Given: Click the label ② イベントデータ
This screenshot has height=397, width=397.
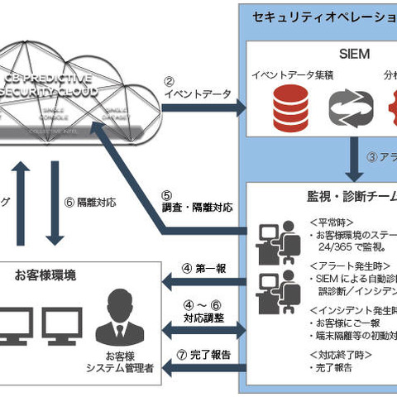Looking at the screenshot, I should coord(189,88).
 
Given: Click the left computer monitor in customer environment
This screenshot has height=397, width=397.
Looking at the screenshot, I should coord(17,325).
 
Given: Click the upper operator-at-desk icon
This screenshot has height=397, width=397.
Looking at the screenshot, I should coord(273,239).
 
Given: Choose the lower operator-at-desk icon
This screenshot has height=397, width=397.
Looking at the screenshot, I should coord(273,289).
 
